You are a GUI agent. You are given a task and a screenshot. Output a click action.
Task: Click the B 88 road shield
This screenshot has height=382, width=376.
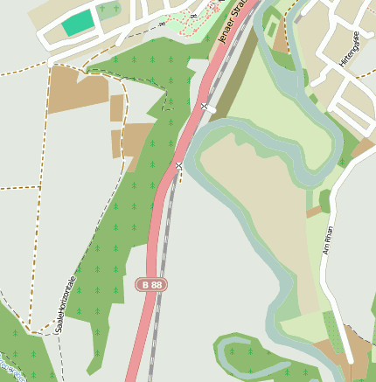pyautogui.click(x=151, y=284)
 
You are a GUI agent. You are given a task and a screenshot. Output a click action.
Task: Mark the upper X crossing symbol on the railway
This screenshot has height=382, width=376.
pyautogui.click(x=205, y=107)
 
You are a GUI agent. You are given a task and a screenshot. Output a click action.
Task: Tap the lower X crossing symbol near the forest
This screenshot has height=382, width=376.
pyautogui.click(x=178, y=165)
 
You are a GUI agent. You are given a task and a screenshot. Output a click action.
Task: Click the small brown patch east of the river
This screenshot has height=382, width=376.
pyautogui.click(x=314, y=212)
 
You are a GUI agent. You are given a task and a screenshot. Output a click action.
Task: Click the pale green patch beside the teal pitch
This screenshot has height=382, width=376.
pyautogui.click(x=108, y=11)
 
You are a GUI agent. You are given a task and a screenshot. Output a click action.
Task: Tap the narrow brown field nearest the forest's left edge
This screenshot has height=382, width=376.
pyautogui.click(x=117, y=108)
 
